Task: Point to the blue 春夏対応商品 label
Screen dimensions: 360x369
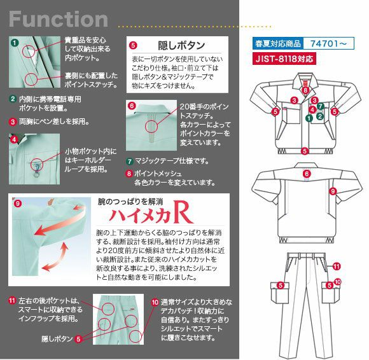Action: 277,44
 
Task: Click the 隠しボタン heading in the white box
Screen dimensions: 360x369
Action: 181,46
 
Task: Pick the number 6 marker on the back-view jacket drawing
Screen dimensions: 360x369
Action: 305,173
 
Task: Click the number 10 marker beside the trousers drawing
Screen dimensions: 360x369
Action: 338,281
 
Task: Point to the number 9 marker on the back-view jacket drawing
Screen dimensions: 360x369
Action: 333,190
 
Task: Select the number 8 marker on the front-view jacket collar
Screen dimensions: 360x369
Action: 305,91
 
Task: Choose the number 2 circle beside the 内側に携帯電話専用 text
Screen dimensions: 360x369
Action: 13,99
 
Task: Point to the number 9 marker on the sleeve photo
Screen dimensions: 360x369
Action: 17,203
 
